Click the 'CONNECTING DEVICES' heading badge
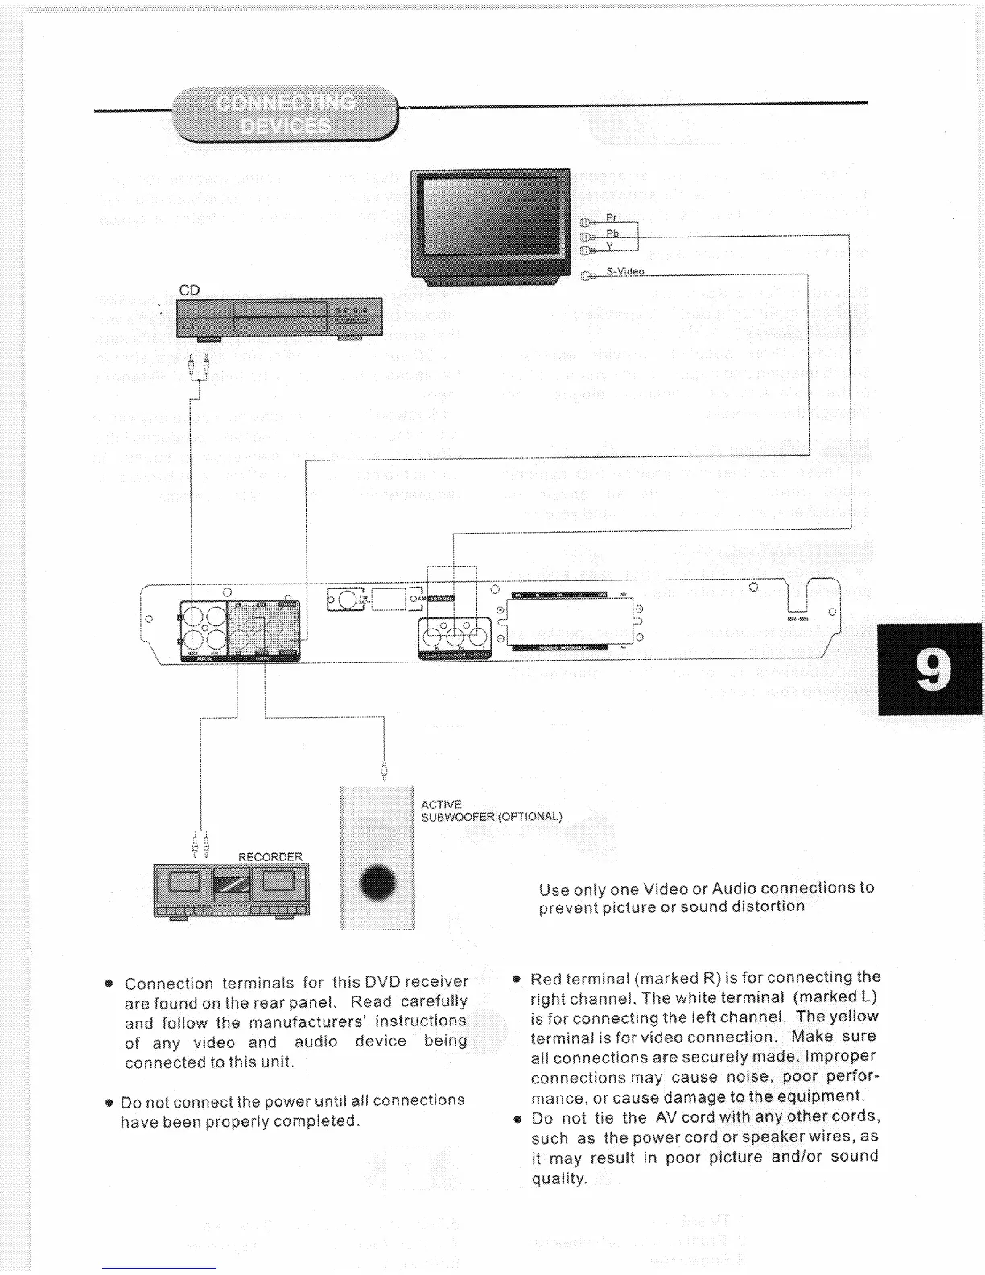(286, 114)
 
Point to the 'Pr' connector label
(612, 217)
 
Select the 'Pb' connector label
(612, 233)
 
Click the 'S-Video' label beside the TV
(625, 271)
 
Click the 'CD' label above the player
(188, 291)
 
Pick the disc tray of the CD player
(279, 311)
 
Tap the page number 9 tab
(931, 669)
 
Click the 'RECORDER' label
(270, 856)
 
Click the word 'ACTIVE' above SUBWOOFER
(441, 804)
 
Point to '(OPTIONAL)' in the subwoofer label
(530, 816)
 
